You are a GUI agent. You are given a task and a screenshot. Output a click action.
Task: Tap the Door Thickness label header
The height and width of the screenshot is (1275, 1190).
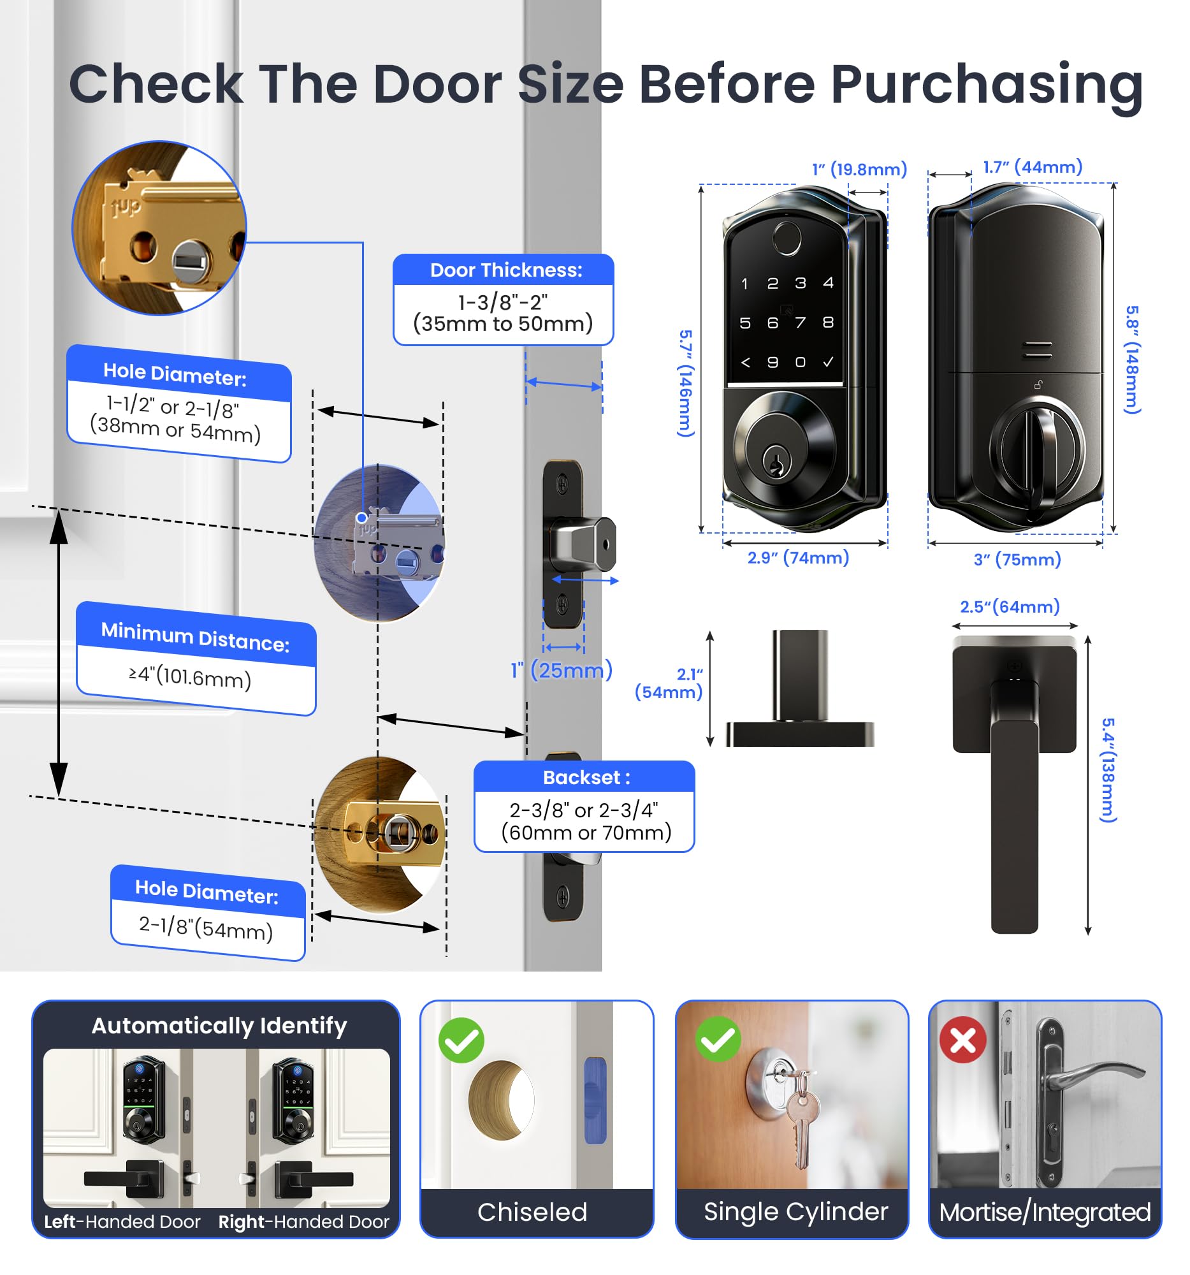coord(505,270)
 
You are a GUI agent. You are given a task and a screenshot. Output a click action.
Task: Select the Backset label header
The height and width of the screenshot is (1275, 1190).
coord(585,777)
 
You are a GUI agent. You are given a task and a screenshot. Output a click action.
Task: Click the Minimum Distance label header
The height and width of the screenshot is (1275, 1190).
coord(196,637)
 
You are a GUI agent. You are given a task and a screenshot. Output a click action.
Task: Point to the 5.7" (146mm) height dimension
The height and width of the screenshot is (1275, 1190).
coord(685,384)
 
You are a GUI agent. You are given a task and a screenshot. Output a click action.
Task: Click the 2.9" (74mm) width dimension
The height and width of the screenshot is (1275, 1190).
coord(797,557)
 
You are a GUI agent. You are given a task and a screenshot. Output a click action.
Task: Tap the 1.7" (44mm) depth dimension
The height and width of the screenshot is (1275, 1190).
coord(1033,168)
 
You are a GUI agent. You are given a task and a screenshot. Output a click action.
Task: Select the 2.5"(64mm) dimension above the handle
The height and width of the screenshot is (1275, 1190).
coord(1009,607)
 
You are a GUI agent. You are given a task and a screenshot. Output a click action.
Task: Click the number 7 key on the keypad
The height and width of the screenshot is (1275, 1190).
coord(800,323)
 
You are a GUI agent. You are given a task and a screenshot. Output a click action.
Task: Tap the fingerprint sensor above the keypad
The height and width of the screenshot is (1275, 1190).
coord(786,238)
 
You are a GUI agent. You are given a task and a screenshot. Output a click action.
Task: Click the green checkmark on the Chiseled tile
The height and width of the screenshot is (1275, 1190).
coord(461,1040)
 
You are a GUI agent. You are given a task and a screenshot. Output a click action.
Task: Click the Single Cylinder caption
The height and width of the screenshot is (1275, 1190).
coord(795,1211)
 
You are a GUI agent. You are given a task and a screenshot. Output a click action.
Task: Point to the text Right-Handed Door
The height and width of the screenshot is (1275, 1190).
coord(303,1221)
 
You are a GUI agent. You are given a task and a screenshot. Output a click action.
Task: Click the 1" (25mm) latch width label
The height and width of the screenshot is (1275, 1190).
coord(561,670)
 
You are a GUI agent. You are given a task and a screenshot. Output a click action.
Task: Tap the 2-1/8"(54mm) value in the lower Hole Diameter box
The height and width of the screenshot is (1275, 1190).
coord(206,928)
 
